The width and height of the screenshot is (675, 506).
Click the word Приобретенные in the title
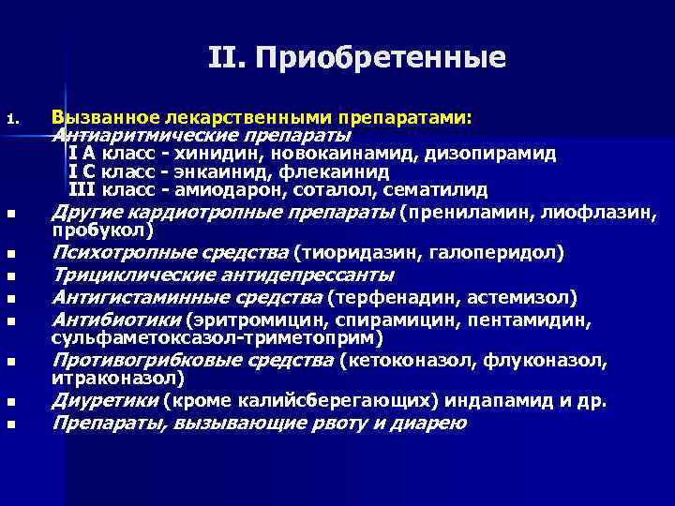384,59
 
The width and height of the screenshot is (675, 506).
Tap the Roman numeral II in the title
226,59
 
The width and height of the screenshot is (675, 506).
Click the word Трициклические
122,275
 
